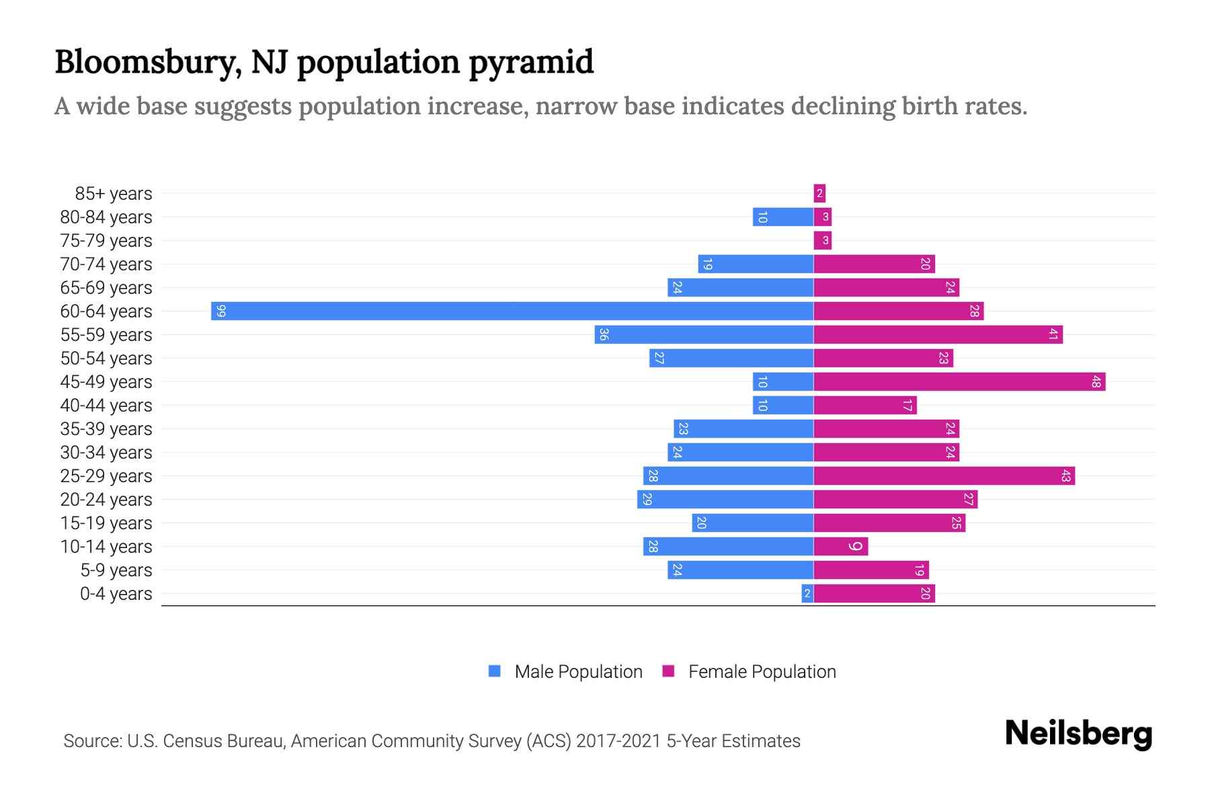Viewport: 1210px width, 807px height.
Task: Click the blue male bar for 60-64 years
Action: tap(511, 311)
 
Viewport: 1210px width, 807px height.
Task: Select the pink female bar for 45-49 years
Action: tap(959, 382)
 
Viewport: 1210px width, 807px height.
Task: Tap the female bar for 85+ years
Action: tap(819, 194)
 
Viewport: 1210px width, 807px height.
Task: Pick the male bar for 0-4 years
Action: tap(807, 594)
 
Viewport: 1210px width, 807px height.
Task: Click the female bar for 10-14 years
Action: tap(840, 547)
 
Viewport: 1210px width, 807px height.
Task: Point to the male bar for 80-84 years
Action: tap(782, 217)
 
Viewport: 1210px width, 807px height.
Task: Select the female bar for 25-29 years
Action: tap(944, 476)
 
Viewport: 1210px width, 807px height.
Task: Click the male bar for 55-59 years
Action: tap(704, 335)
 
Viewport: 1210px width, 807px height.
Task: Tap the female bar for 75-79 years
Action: tap(823, 241)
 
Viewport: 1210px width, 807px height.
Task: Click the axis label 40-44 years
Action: tap(106, 406)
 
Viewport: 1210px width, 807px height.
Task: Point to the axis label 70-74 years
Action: tap(106, 264)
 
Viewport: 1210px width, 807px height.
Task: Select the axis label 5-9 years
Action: tap(116, 570)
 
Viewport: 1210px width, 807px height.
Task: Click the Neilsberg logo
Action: tap(1078, 734)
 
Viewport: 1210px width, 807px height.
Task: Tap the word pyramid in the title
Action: tap(531, 63)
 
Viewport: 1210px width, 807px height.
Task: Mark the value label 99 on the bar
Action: tap(221, 311)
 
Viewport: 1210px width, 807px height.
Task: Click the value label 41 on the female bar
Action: tap(1053, 335)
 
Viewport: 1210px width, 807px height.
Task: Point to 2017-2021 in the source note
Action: tap(618, 741)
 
